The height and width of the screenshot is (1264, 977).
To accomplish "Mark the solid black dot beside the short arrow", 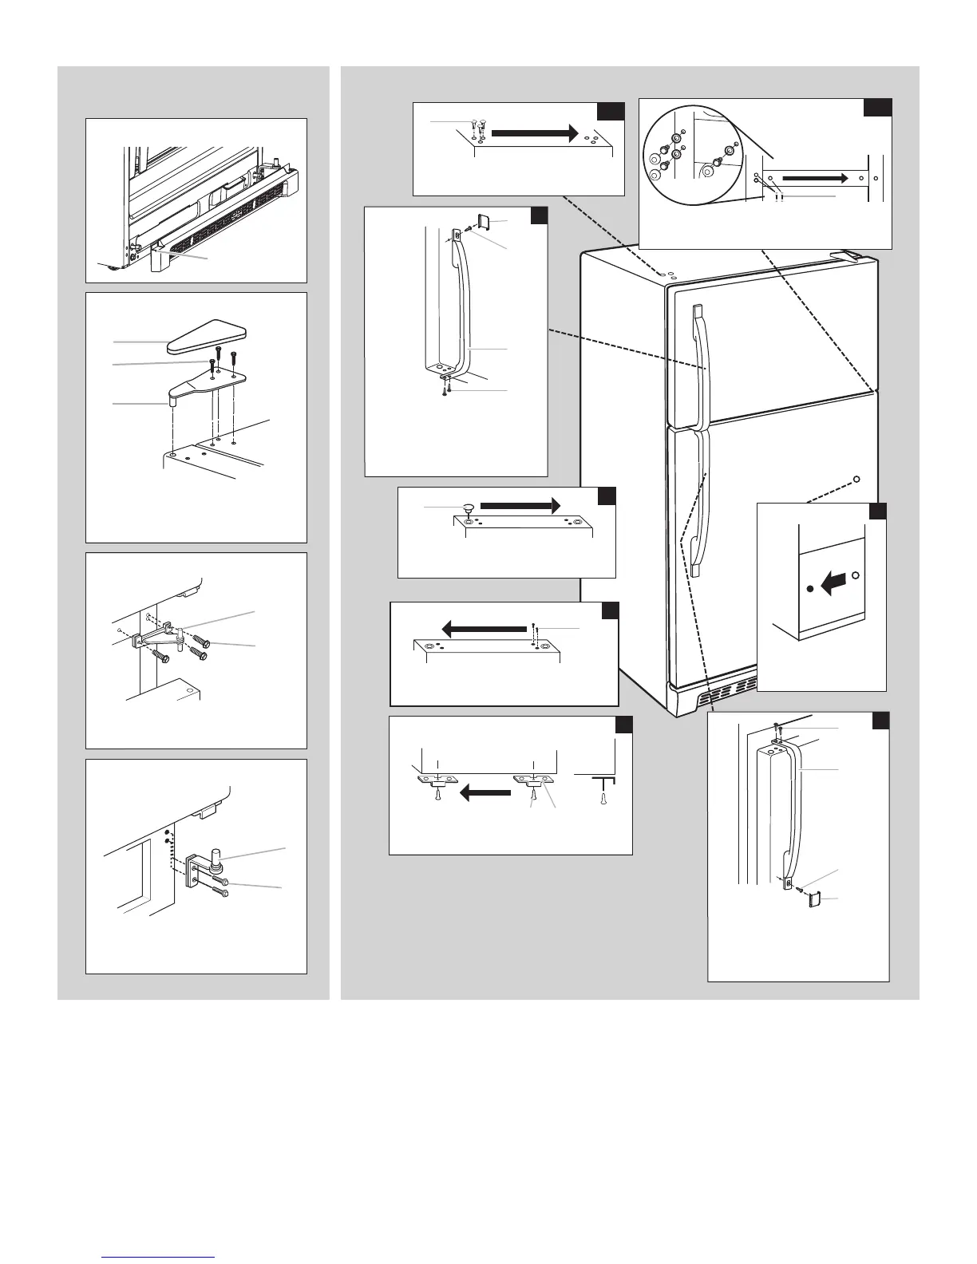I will pyautogui.click(x=809, y=589).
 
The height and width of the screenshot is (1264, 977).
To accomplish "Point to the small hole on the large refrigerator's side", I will pyautogui.click(x=855, y=480).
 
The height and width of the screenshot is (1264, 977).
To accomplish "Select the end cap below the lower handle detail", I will pyautogui.click(x=815, y=899).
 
